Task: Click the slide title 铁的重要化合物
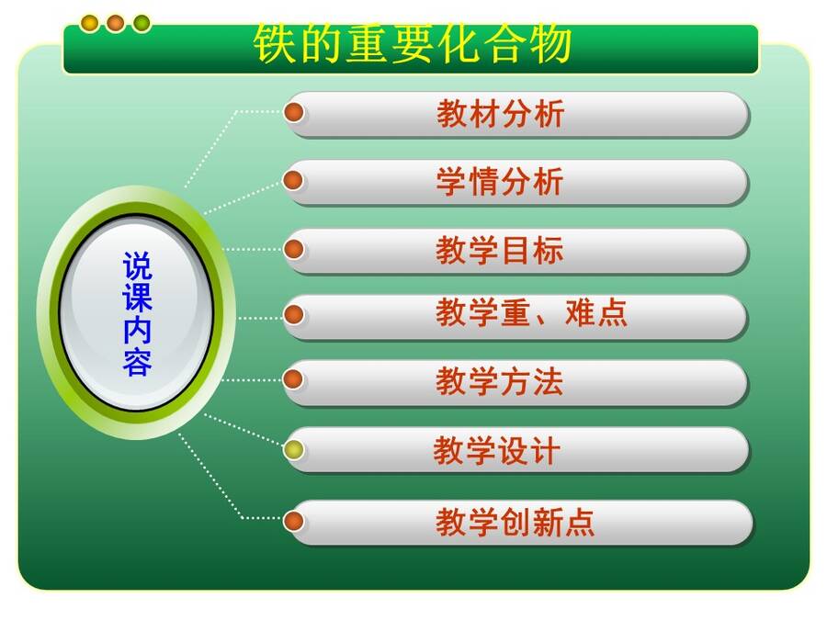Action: [412, 43]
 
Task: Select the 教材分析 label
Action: [500, 113]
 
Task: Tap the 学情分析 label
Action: [500, 181]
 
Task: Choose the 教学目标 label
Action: [500, 250]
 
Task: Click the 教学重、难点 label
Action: [531, 312]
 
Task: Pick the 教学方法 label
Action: [500, 381]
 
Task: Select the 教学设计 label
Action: [496, 451]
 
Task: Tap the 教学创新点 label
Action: [515, 522]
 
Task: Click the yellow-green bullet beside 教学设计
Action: [293, 450]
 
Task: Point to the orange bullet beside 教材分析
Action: [293, 112]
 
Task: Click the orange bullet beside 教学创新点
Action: [293, 521]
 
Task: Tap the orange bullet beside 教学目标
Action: [293, 249]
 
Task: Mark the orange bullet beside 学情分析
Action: [293, 180]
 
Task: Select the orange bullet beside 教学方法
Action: [293, 379]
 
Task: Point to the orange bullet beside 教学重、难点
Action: [293, 315]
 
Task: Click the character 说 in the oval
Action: [137, 266]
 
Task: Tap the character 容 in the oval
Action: [137, 362]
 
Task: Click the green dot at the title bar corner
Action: [142, 23]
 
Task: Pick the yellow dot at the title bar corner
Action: [90, 23]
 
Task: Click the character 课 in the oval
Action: [137, 298]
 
